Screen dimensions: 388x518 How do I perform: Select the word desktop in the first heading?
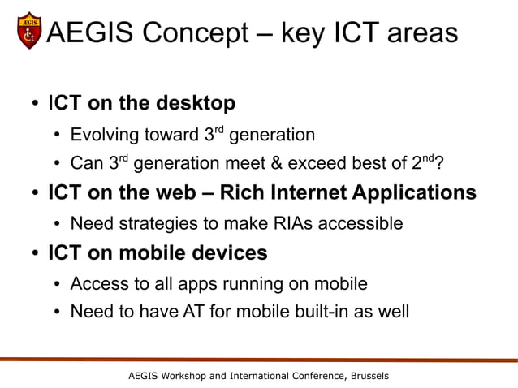click(x=195, y=103)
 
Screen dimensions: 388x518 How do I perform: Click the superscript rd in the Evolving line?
click(x=219, y=129)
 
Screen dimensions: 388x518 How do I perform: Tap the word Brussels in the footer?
click(x=367, y=376)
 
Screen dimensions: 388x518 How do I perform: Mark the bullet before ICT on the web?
click(x=36, y=194)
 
